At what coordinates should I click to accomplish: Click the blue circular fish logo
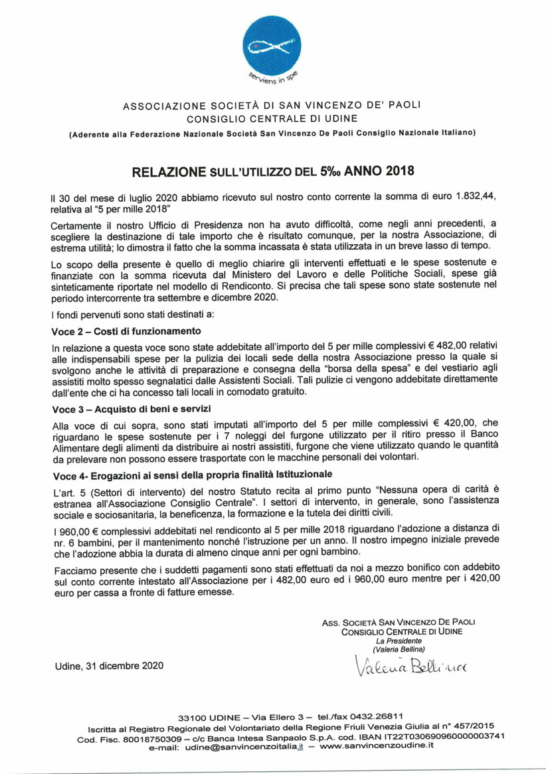click(272, 46)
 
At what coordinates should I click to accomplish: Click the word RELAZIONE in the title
click(169, 171)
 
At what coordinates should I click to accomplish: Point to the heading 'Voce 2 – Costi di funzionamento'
click(126, 331)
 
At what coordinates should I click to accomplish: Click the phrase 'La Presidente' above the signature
click(399, 641)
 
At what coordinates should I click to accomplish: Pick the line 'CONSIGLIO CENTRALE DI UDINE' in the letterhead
click(272, 119)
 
